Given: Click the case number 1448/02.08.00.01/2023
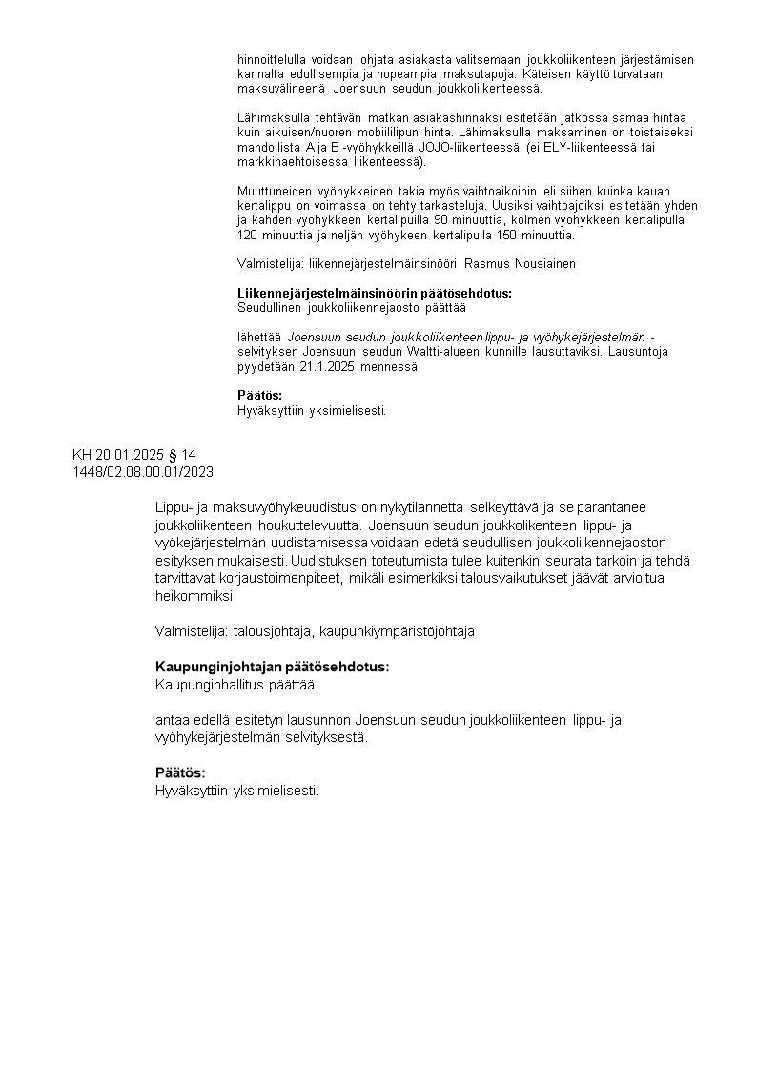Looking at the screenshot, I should (x=143, y=471).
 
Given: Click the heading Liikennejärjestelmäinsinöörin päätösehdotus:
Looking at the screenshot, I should (x=375, y=293).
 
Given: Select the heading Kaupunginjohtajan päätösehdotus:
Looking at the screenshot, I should (x=272, y=667).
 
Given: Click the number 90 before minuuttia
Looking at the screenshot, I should (x=441, y=219).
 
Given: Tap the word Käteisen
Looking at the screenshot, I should (x=578, y=73).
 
